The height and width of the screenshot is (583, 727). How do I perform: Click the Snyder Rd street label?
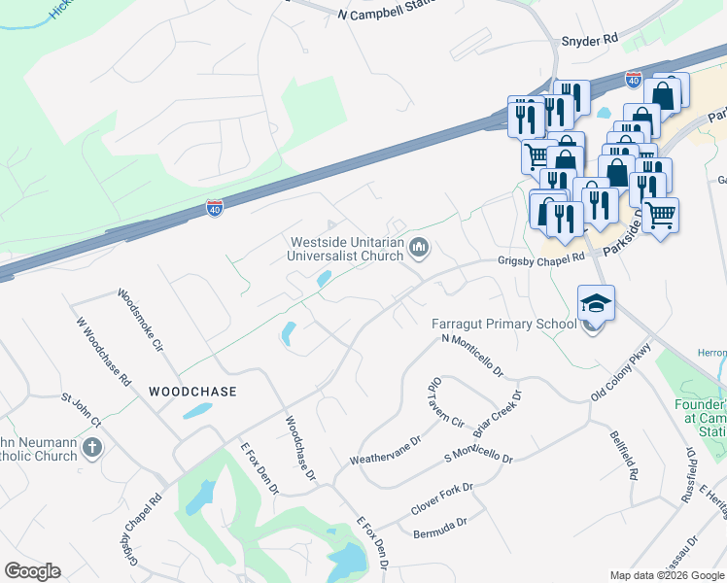pos(589,40)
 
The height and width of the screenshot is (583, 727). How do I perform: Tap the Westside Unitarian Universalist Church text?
pos(346,250)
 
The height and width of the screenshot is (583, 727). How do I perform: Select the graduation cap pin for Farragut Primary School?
pos(596,302)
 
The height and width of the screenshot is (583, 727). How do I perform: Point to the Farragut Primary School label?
pos(504,324)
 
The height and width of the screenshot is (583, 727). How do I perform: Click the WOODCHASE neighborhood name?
pos(192,391)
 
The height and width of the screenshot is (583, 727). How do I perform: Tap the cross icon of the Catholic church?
pos(92,448)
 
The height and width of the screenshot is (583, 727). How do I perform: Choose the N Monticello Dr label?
pos(472,355)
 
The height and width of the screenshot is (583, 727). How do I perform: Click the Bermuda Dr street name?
pos(440,526)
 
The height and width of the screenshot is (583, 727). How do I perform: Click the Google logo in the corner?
pos(32,571)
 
